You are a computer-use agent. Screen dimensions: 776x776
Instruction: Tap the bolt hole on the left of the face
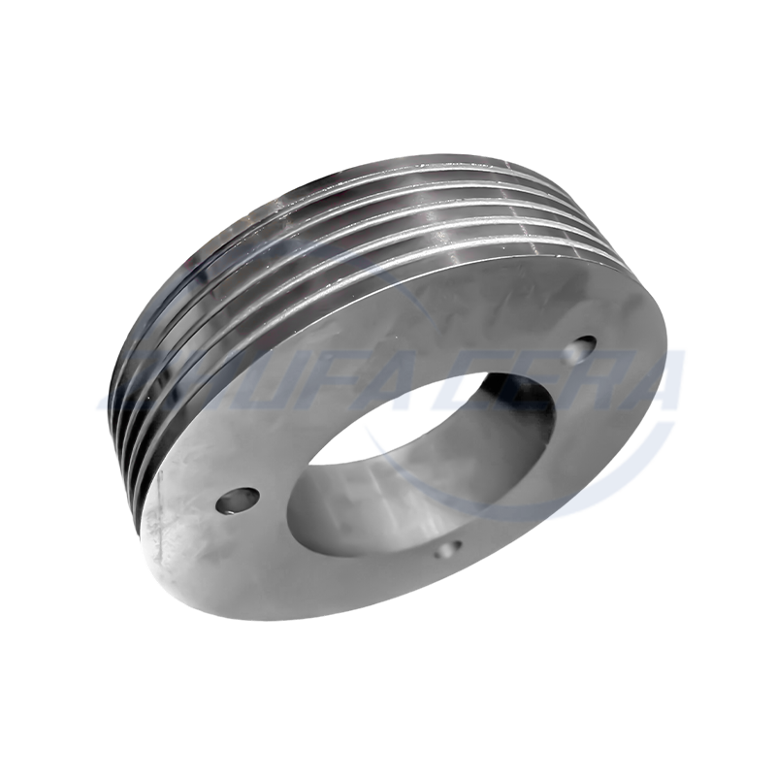[236, 501]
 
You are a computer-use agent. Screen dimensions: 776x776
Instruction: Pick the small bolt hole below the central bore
[447, 550]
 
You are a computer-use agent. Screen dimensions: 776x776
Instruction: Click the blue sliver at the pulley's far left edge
[103, 398]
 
